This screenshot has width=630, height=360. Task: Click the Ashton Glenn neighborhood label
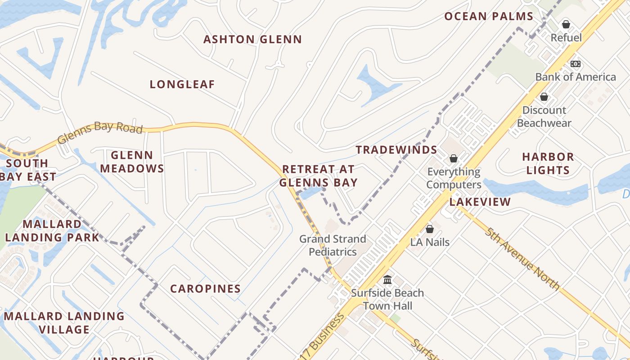coord(252,40)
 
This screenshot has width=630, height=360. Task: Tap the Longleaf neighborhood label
coord(182,85)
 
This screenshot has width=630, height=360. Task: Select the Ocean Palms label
coord(489,17)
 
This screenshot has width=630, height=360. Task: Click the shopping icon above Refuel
coord(566,24)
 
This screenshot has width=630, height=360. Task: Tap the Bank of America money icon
coord(575,64)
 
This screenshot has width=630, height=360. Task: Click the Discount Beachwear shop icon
coord(544,97)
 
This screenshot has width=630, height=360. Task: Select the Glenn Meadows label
coord(132,162)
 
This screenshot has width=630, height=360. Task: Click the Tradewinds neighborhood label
coord(396,150)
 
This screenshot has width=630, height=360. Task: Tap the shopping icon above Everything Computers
coord(454,158)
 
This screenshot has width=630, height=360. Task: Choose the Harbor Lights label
coord(548,163)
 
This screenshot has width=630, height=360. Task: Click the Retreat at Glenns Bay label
coord(318,176)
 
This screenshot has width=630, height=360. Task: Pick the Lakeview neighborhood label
coord(480,202)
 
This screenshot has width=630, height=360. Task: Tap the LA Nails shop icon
coord(430,229)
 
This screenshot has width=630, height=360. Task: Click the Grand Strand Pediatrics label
coord(333,245)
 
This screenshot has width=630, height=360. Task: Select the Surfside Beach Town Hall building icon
coord(387,280)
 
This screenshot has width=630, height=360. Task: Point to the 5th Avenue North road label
coord(522,259)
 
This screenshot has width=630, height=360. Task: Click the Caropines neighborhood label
coord(205,289)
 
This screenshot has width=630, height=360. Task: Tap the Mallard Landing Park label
coord(52,230)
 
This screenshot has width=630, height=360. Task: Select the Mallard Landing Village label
coord(64,323)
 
